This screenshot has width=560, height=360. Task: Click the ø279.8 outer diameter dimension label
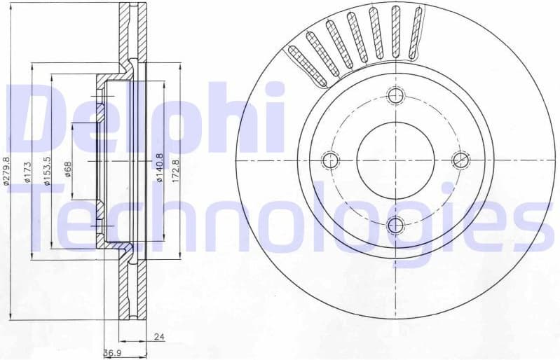7,171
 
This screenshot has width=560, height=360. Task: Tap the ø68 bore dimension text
68,169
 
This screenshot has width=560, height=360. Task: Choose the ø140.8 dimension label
159,168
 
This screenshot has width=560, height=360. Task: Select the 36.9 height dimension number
112,354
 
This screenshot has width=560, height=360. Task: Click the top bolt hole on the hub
396,95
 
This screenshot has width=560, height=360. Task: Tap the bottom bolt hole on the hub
396,225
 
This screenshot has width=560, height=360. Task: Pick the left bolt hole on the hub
330,160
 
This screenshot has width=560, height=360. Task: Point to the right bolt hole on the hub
460,160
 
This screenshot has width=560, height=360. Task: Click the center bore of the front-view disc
396,160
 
